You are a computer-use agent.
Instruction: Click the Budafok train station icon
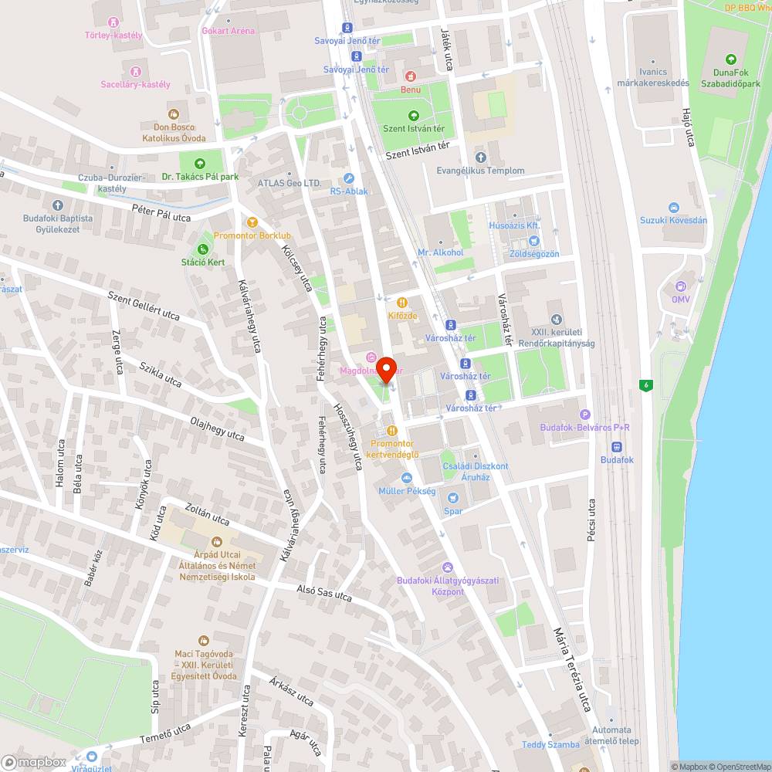(x=617, y=446)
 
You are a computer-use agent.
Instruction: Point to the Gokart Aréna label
(x=228, y=31)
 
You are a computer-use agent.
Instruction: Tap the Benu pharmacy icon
(x=410, y=76)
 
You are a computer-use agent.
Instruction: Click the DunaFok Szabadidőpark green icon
(x=730, y=59)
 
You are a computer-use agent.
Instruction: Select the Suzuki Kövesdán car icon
(x=673, y=207)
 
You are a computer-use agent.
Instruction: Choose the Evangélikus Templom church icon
(x=480, y=157)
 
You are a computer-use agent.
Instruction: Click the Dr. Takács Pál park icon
(x=200, y=163)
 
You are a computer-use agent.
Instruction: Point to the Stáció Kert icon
(x=203, y=249)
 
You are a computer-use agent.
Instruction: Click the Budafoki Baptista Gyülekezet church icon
(x=58, y=205)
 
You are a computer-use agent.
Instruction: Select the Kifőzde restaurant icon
(x=401, y=303)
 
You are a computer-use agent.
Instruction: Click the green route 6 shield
(x=645, y=385)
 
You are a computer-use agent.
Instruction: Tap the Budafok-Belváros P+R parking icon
(x=584, y=415)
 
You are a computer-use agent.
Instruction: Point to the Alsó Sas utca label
(x=324, y=593)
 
